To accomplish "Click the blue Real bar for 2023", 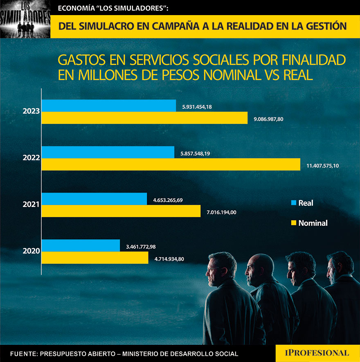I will (109, 106).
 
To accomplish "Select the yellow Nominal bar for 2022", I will (171, 164).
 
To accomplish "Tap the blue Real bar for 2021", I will (94, 199).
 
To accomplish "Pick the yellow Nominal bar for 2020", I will (95, 258).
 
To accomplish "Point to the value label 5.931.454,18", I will (197, 107).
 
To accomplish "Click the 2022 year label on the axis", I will (32, 157).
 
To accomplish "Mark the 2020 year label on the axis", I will (32, 251).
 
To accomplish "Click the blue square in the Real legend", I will (293, 202).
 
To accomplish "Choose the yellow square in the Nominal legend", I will (293, 223).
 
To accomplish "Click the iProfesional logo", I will (318, 353).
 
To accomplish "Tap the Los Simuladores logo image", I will (25, 19).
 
